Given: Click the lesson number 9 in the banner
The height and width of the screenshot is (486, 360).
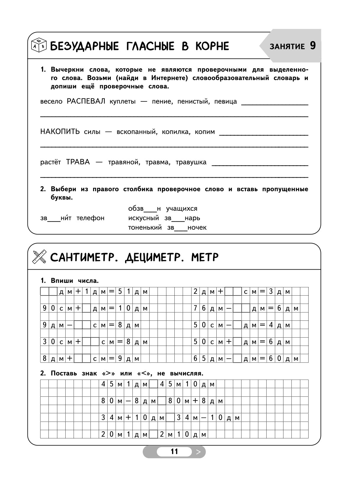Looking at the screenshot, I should pos(313,46).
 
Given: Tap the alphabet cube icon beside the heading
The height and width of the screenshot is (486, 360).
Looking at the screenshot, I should pos(39,45).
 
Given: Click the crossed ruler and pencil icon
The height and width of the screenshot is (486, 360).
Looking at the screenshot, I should pos(39,257).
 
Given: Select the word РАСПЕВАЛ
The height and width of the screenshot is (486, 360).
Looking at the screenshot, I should pos(86,101).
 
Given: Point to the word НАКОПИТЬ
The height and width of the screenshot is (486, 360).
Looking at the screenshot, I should pos(60,132).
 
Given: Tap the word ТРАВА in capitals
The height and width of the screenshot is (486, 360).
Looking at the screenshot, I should pos(78,162).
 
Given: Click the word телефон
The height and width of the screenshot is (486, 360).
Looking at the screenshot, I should pos(90,218).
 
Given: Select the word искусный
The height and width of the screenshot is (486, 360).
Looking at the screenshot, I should pos(144,218).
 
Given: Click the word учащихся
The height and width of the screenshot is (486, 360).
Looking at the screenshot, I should pos(181,209).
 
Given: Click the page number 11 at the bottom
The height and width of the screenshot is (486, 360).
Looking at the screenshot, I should pos(174,451).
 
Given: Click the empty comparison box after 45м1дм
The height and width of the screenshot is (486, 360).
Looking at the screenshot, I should pos(153,384).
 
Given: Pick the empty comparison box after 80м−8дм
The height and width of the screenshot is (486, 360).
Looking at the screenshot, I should pos(162,401).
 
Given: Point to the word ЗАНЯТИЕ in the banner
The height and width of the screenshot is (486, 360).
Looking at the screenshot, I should pos(287,46).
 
